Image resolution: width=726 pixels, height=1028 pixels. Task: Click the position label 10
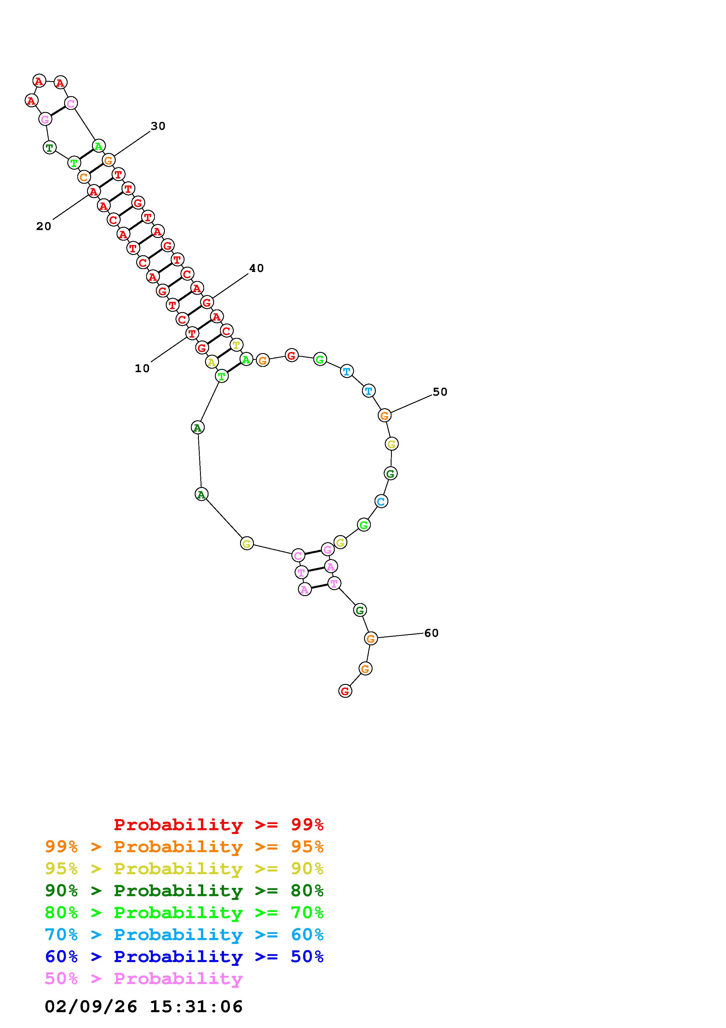pyautogui.click(x=142, y=368)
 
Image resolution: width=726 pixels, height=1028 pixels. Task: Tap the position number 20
pyautogui.click(x=44, y=227)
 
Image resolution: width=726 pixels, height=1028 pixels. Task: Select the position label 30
pyautogui.click(x=158, y=126)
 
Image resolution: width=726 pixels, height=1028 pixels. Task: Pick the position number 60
pyautogui.click(x=431, y=633)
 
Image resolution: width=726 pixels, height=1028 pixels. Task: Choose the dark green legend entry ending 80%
pyautogui.click(x=184, y=891)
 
